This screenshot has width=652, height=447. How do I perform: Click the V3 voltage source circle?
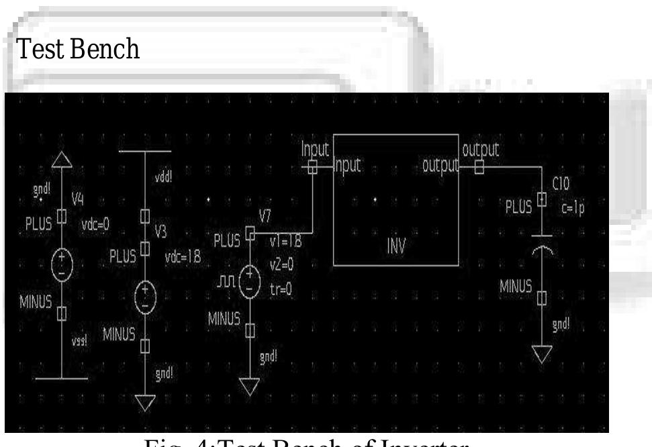pyautogui.click(x=145, y=295)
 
